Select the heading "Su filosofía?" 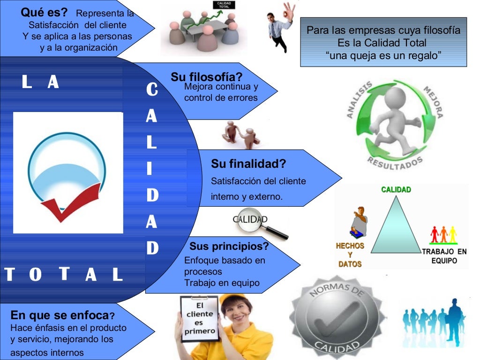click(206, 77)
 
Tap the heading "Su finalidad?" click(248, 165)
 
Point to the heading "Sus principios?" click(229, 247)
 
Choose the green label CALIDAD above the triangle click(396, 190)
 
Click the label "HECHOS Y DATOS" click(350, 255)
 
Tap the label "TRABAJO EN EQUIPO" click(444, 256)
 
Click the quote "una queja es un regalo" click(383, 56)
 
